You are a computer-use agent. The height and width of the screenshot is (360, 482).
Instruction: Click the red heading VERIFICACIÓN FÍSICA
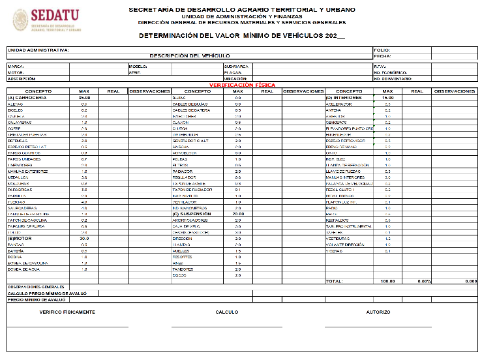coord(241,85)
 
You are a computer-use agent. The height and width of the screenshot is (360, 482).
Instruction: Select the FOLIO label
coord(382,50)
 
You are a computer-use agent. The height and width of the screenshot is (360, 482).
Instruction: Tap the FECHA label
coord(382,56)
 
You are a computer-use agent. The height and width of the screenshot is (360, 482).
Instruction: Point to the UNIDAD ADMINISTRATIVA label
coord(38,50)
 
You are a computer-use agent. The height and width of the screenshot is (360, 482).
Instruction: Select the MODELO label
coord(138,67)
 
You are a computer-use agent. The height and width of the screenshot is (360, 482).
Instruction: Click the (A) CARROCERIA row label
coord(27,97)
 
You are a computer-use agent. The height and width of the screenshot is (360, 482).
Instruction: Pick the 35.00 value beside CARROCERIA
coord(84,97)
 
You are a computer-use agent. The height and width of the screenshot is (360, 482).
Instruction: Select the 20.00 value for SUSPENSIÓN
coord(238,213)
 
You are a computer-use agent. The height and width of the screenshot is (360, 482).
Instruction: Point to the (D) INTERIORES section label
coord(343,97)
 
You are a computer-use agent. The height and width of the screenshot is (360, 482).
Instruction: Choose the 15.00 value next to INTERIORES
coord(387,97)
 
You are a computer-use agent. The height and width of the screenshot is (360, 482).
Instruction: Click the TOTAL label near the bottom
coord(334,281)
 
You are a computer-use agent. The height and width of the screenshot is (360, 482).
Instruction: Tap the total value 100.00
coord(387,281)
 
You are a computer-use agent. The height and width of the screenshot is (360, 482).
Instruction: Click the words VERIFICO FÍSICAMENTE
coord(67,312)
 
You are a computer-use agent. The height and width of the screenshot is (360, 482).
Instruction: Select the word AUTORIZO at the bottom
coord(378,312)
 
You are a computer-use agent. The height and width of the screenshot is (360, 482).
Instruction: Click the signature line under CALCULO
coord(227,327)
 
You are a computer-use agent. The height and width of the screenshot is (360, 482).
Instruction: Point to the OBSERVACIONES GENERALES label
coord(36,287)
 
